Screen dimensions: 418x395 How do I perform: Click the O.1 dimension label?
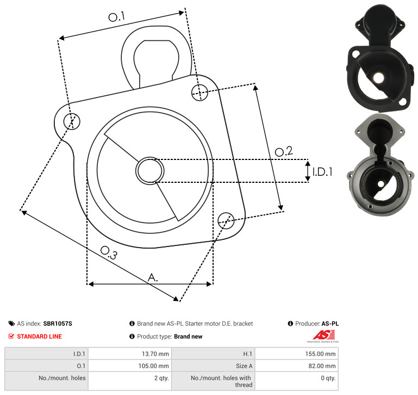[x=117, y=17]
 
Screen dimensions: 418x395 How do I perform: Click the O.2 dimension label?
[x=284, y=151]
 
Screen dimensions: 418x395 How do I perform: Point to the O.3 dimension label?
[x=109, y=253]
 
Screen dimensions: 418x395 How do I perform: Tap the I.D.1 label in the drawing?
[x=322, y=172]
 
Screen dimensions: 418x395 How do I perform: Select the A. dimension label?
[x=153, y=277]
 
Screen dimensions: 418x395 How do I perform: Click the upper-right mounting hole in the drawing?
[x=199, y=92]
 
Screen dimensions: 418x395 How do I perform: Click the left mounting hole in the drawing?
[x=72, y=121]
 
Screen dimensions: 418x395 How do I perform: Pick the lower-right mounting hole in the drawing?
[x=226, y=220]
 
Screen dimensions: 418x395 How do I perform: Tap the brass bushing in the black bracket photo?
[x=378, y=78]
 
